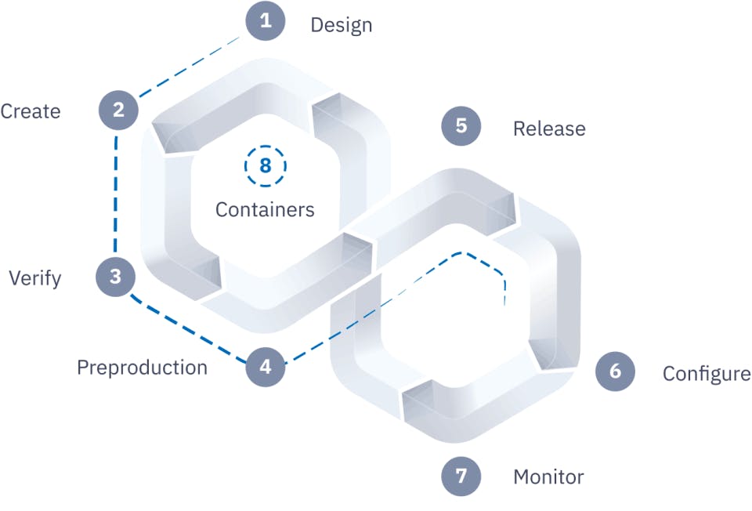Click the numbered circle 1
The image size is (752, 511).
tap(266, 20)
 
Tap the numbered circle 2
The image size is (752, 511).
tap(118, 111)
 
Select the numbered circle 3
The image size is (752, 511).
tap(116, 277)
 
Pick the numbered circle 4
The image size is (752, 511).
tap(266, 367)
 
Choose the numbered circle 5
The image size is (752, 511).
tap(461, 126)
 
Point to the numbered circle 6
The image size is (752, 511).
tap(615, 371)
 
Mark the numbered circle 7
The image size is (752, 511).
tap(461, 476)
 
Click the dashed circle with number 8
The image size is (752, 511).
tap(265, 166)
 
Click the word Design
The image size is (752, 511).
tap(341, 25)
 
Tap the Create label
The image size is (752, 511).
tap(30, 111)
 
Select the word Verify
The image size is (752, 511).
tap(34, 278)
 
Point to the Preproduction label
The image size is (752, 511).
tap(142, 368)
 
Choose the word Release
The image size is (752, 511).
tap(549, 129)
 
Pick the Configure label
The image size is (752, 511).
tap(707, 374)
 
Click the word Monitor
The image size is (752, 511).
tap(548, 477)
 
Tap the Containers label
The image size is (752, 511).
tap(265, 210)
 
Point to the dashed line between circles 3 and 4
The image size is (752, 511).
tap(188, 330)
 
